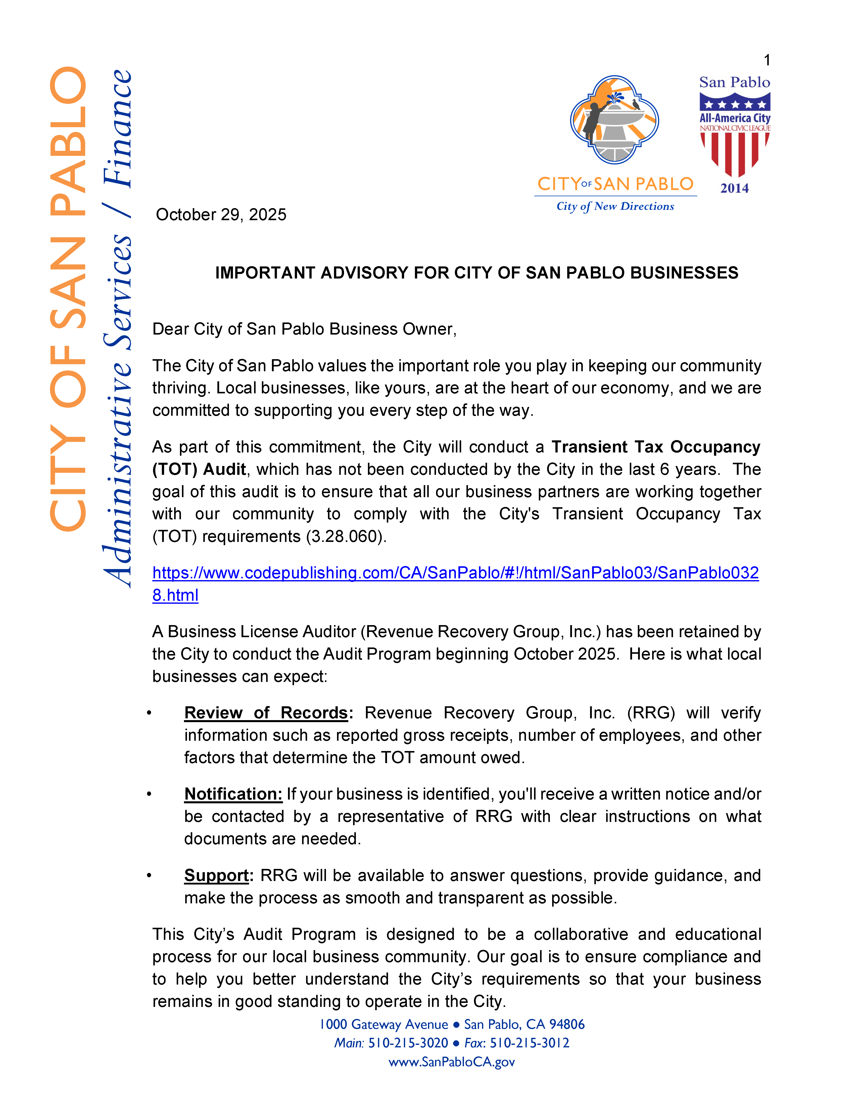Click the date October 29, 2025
tap(221, 215)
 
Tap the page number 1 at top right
tap(766, 60)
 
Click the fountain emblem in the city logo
tap(614, 120)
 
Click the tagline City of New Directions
tap(615, 207)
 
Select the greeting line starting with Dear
tap(304, 329)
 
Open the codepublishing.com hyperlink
tap(455, 573)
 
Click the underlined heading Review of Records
tap(266, 713)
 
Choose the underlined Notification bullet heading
tap(233, 794)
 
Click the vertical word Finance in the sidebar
tap(118, 128)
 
